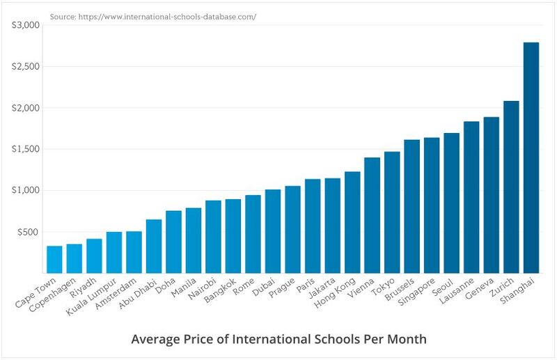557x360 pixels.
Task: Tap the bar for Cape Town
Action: pos(54,259)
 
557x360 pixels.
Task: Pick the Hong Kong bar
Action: pos(352,221)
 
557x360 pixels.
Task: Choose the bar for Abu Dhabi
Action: pos(154,246)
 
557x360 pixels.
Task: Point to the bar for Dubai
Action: pos(273,230)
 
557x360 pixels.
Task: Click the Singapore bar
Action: pos(432,205)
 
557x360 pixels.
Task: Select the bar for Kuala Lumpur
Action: pos(114,252)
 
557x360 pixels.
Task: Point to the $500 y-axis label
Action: pos(30,232)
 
